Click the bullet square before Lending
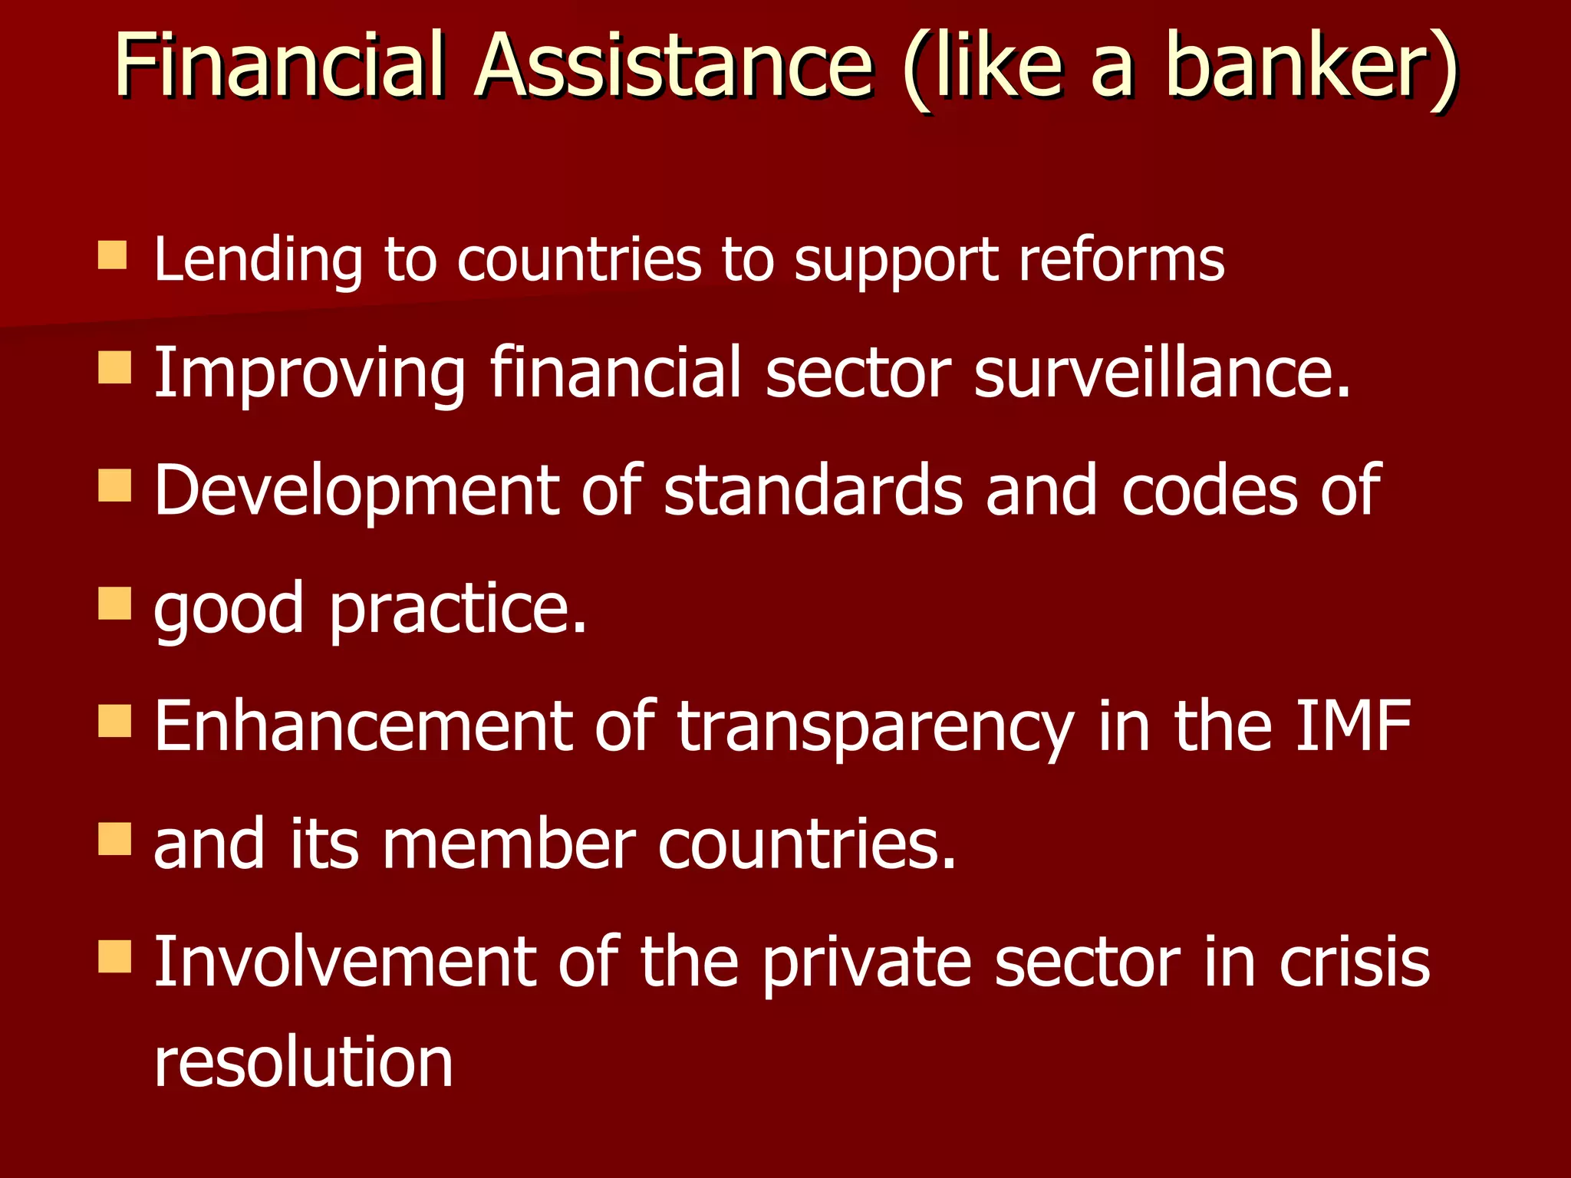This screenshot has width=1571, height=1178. (x=113, y=255)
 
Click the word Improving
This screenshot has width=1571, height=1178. (x=309, y=374)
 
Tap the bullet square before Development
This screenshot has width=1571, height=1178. (x=114, y=485)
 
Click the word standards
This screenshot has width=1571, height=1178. (x=813, y=491)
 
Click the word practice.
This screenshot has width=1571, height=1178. (x=458, y=610)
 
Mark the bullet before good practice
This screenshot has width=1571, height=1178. (x=114, y=604)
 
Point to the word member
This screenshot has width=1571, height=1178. (x=509, y=844)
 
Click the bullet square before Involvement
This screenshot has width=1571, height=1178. (x=114, y=956)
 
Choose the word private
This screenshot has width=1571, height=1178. (x=867, y=964)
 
